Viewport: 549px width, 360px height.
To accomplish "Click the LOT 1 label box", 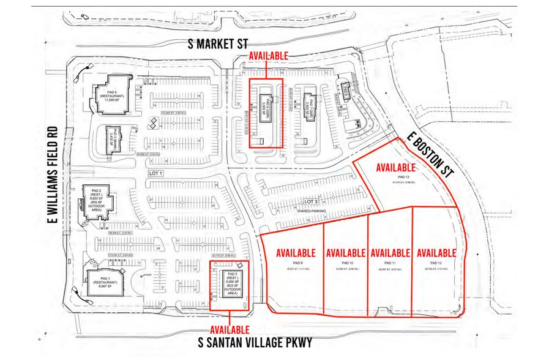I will tap(157, 174).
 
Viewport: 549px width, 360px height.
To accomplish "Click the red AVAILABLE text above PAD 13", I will tap(396, 167).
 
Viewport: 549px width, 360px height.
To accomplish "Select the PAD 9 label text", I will tap(295, 262).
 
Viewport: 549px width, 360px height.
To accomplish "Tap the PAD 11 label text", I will tap(389, 262).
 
